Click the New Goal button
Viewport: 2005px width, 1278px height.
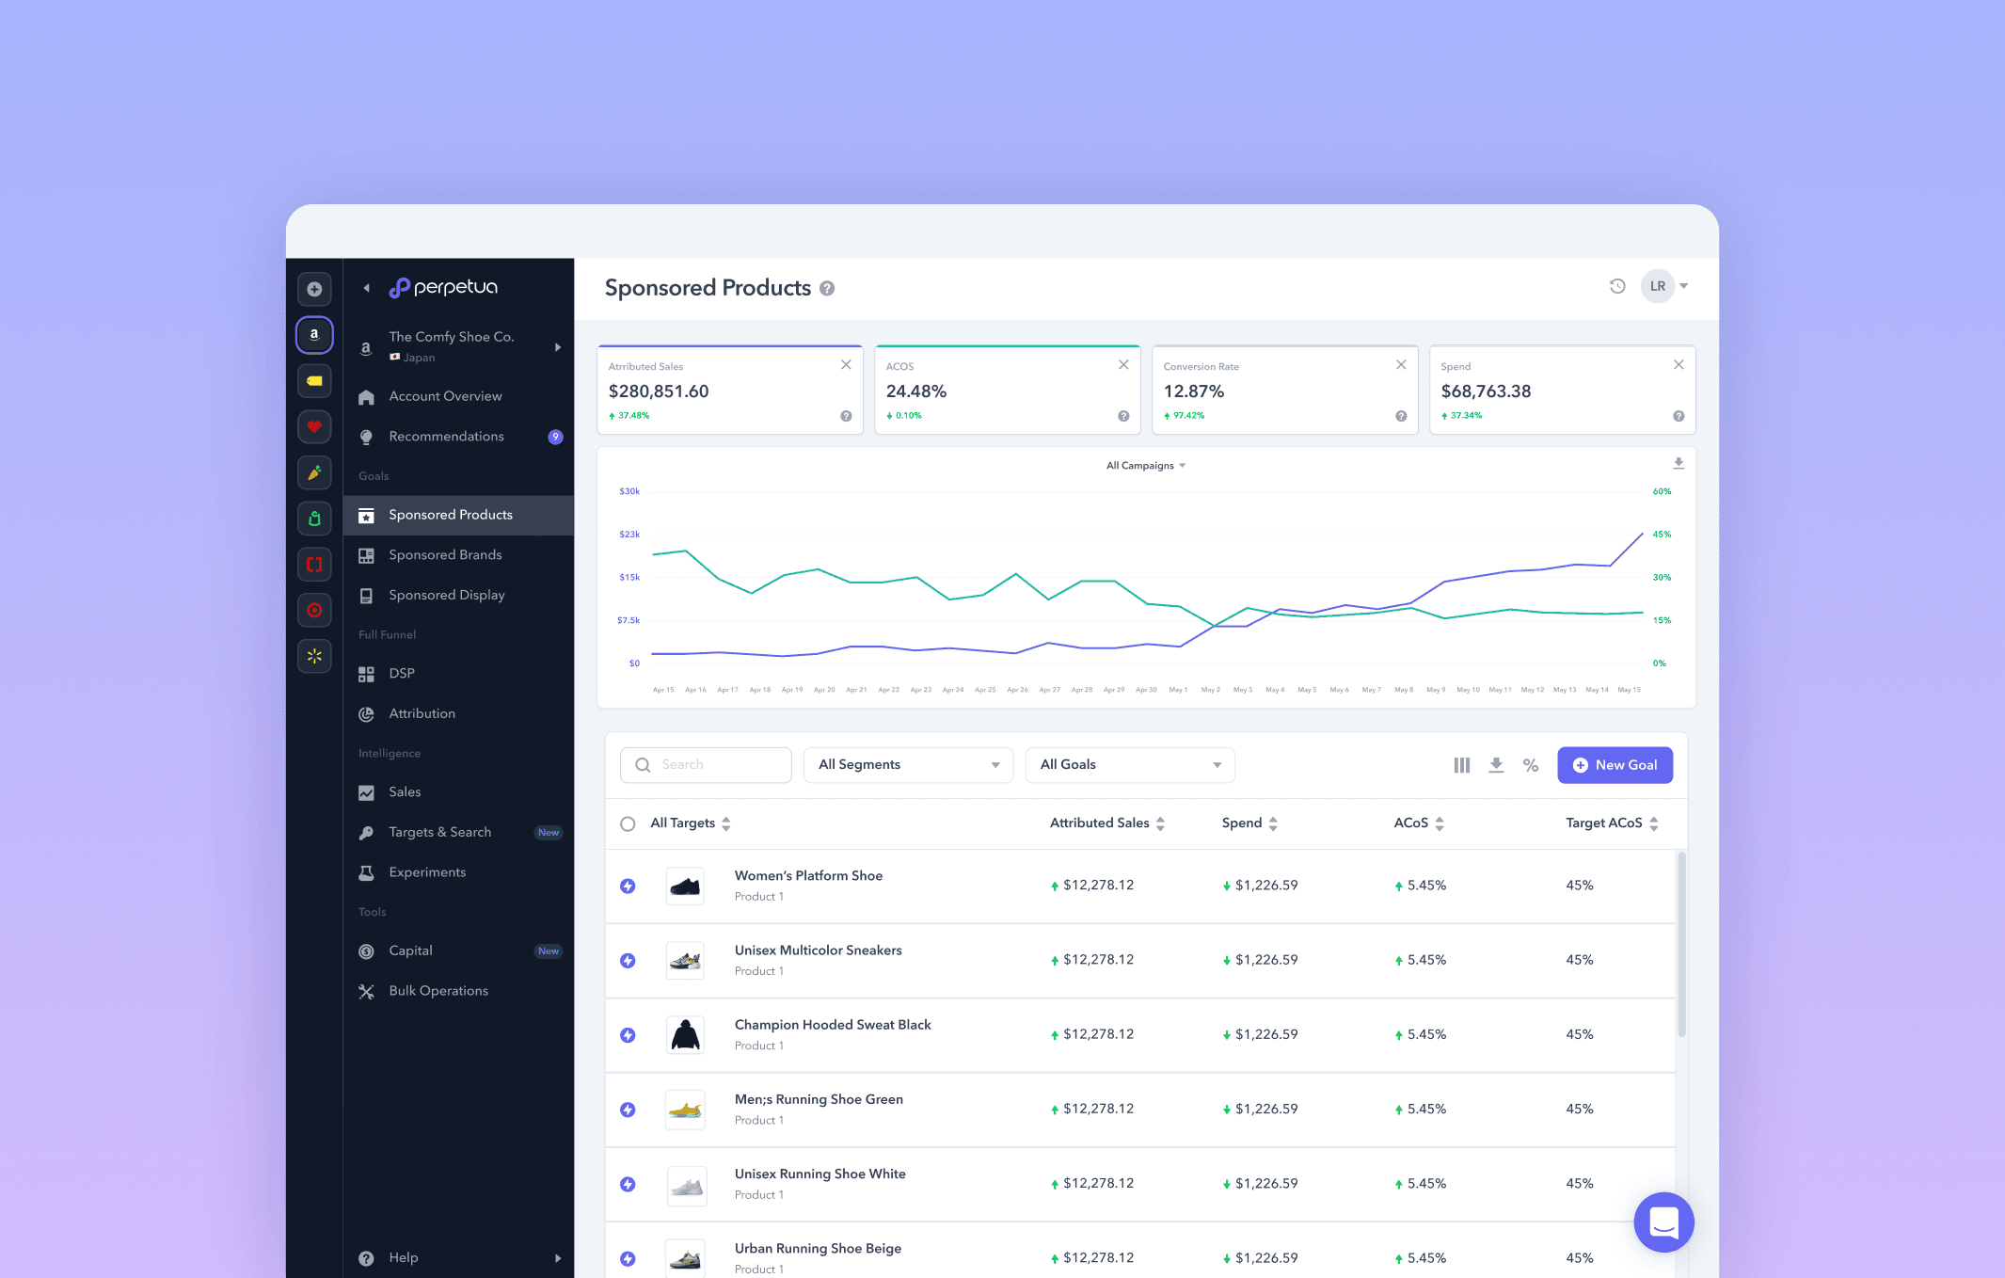point(1615,765)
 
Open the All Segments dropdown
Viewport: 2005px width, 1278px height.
point(908,765)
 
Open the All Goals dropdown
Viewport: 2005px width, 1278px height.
point(1129,765)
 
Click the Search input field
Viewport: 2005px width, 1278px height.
point(706,765)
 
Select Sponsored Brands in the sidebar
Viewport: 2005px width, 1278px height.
point(445,555)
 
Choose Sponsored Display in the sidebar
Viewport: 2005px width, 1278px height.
point(446,596)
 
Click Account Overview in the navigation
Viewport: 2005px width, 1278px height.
point(445,396)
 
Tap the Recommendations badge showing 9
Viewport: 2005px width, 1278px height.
point(556,437)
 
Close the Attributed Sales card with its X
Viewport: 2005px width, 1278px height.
point(846,365)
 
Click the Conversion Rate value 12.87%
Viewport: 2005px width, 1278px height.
point(1193,391)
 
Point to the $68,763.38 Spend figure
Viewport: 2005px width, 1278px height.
point(1486,391)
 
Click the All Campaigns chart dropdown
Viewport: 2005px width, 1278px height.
point(1145,466)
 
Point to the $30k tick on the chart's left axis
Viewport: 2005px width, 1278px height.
point(629,491)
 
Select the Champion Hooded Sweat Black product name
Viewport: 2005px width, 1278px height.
point(833,1025)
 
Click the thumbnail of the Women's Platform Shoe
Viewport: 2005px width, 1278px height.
point(685,886)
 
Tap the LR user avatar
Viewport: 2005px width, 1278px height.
point(1657,286)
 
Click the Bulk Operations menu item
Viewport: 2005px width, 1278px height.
point(438,991)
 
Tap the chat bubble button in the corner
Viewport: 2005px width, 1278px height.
point(1663,1222)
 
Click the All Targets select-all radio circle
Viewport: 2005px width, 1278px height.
point(628,823)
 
